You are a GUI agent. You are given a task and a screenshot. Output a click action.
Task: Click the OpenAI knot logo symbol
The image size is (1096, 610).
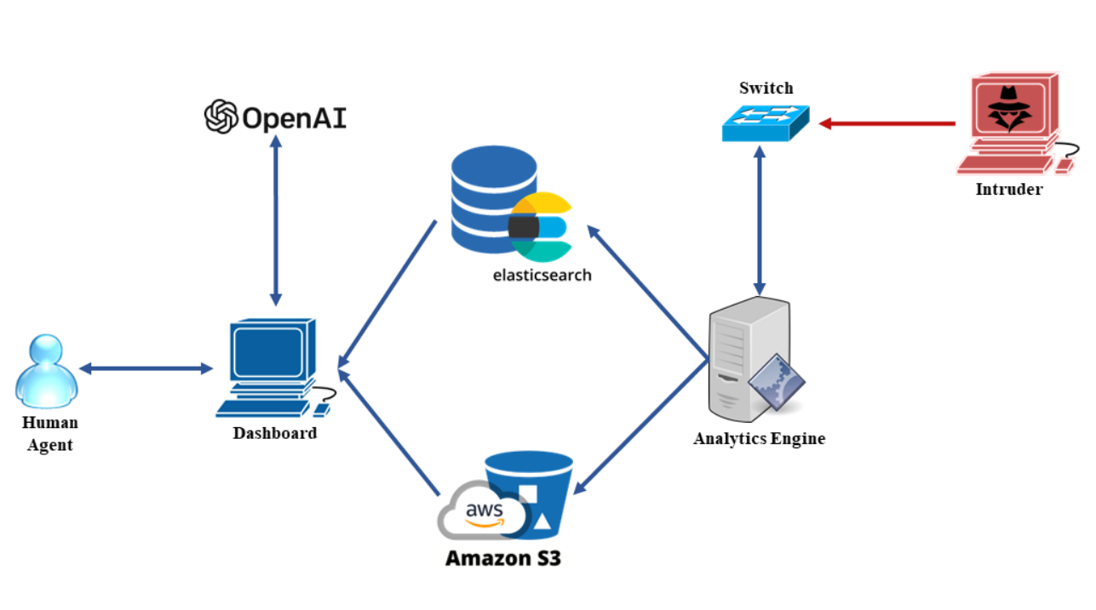coord(221,117)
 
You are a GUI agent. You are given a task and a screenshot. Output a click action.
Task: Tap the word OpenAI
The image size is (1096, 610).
coord(295,118)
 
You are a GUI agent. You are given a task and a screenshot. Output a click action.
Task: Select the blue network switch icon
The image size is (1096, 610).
coord(764,123)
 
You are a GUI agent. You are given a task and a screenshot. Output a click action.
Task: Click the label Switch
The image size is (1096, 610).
coord(766,88)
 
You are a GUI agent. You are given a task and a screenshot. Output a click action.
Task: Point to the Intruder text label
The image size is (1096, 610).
coord(1008,189)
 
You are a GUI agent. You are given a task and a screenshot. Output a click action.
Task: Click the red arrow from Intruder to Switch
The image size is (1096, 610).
coord(886,124)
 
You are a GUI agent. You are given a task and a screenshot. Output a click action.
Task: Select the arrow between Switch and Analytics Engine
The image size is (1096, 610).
coord(759,219)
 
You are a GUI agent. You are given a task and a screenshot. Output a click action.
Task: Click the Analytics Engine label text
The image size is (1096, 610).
coord(759,439)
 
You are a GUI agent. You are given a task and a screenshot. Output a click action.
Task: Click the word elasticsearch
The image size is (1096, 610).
coord(542,275)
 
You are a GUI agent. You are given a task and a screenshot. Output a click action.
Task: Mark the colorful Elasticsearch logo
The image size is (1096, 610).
coord(542,226)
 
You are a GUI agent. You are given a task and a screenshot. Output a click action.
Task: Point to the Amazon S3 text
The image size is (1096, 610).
coord(503,559)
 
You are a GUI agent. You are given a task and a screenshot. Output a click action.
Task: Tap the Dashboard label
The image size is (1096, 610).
coord(274,433)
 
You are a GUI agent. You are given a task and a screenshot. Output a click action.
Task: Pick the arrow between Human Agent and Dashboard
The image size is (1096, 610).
coord(146,368)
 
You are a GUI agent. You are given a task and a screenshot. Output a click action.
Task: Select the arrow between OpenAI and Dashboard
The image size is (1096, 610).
coord(275,219)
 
